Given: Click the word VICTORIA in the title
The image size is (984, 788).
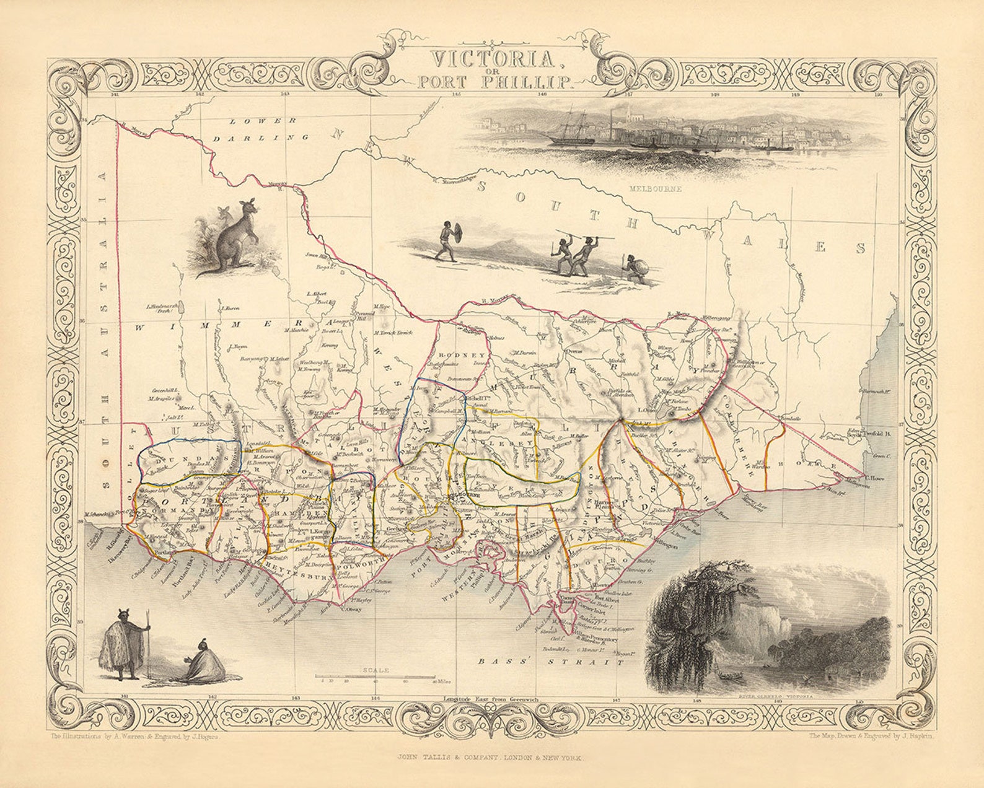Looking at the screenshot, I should [492, 59].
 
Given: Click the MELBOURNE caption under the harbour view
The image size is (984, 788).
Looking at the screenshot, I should [654, 188].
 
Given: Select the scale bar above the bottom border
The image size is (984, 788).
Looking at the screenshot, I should [375, 676].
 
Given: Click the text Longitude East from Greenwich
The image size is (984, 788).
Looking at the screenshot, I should [491, 699].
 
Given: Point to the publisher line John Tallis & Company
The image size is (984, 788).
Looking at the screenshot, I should [491, 757].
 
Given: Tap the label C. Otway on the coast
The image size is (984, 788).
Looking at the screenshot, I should [351, 608].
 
